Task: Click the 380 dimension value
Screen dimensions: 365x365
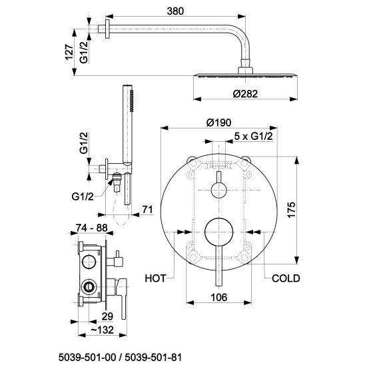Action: click(x=175, y=11)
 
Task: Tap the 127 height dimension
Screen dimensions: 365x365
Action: click(x=69, y=52)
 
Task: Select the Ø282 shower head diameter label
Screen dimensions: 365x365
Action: click(x=245, y=94)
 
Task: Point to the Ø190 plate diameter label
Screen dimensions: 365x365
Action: click(x=219, y=123)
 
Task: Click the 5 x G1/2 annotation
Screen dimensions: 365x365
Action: click(x=253, y=136)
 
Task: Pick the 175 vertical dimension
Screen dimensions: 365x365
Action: click(x=292, y=210)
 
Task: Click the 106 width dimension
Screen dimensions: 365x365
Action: click(x=219, y=297)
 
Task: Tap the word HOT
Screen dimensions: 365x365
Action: click(x=155, y=278)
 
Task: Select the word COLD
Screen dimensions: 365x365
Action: click(x=286, y=278)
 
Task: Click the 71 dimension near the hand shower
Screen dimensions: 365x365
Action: click(x=148, y=210)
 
